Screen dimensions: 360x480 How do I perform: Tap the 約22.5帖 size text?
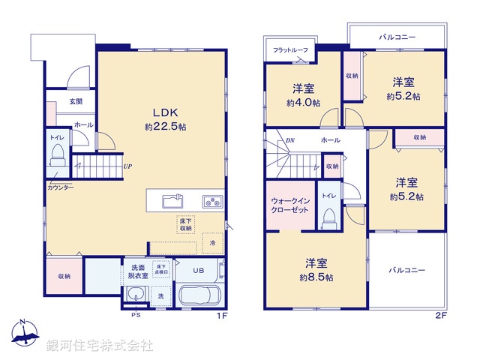[165, 127]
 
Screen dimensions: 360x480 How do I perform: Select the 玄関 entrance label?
[76, 102]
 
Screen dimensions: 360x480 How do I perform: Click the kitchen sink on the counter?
[171, 200]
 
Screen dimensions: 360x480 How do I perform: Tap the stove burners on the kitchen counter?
[211, 200]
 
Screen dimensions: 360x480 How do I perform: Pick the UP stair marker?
[128, 166]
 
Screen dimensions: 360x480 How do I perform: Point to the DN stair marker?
[289, 140]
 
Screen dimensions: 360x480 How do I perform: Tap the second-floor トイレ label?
[328, 195]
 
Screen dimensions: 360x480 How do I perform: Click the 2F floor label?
[440, 316]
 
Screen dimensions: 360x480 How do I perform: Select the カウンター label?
[60, 187]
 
